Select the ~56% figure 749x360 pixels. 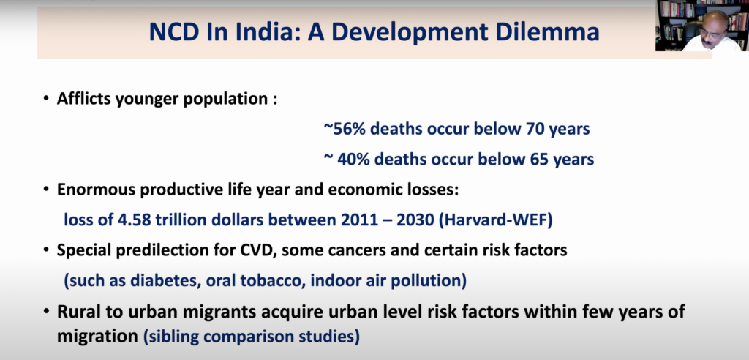coord(341,129)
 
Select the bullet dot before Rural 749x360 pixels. coord(46,312)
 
